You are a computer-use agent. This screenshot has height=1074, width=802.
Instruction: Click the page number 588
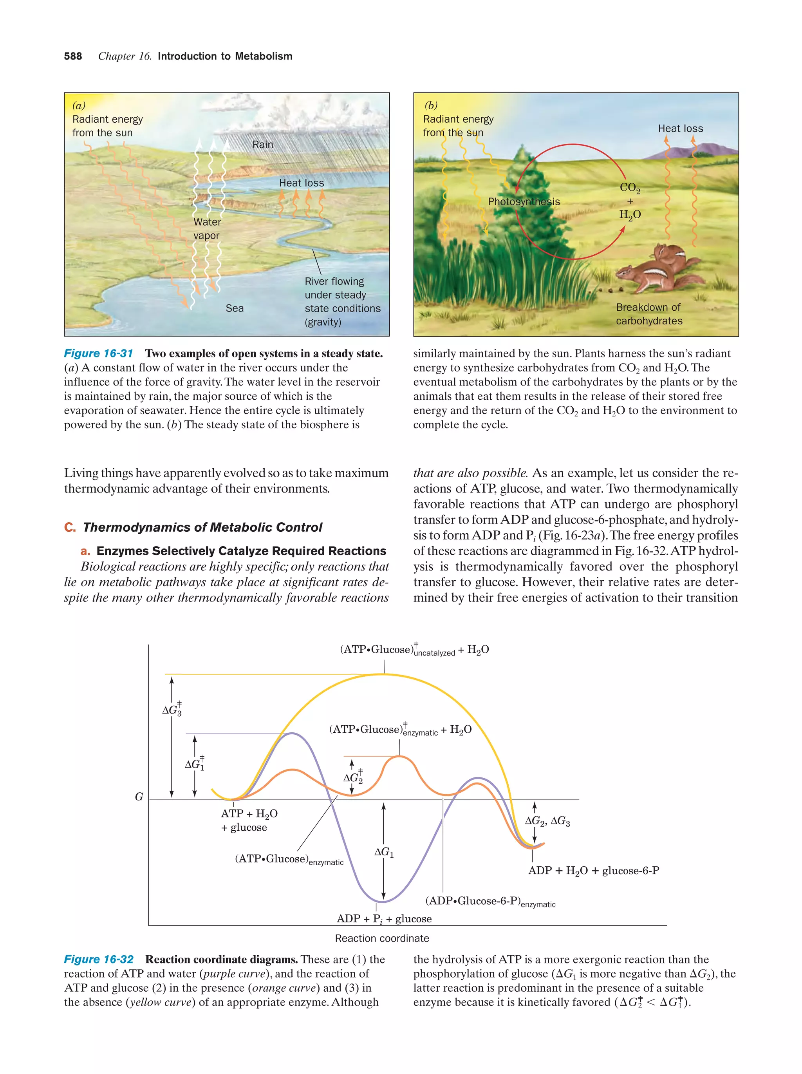tap(73, 56)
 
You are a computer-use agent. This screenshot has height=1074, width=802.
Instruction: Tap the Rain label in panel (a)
tap(262, 145)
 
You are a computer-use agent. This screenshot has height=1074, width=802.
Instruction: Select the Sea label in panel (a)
tap(234, 308)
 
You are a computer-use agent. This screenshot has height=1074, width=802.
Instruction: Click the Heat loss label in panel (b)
tap(680, 129)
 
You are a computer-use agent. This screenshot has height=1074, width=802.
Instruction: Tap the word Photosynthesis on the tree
tap(524, 201)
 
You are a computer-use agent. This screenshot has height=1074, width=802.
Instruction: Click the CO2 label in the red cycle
tap(630, 188)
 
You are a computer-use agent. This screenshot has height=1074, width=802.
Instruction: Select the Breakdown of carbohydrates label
tap(648, 314)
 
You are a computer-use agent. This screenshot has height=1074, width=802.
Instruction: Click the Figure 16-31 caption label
tap(99, 353)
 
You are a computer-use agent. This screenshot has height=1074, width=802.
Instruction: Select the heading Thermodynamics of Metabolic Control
tap(202, 527)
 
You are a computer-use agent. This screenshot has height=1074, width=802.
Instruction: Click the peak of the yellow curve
tap(384, 674)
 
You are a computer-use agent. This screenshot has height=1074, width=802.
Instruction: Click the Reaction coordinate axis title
tap(382, 938)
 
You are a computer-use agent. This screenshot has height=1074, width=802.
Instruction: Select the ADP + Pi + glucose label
tap(384, 918)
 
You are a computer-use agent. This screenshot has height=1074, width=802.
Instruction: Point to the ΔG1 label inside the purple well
tap(384, 852)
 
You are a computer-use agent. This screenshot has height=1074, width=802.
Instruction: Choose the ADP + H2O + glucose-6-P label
tap(593, 871)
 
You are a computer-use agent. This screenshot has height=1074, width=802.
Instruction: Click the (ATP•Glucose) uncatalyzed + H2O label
tap(414, 650)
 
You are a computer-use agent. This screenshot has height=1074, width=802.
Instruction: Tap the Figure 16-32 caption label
tap(99, 960)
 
